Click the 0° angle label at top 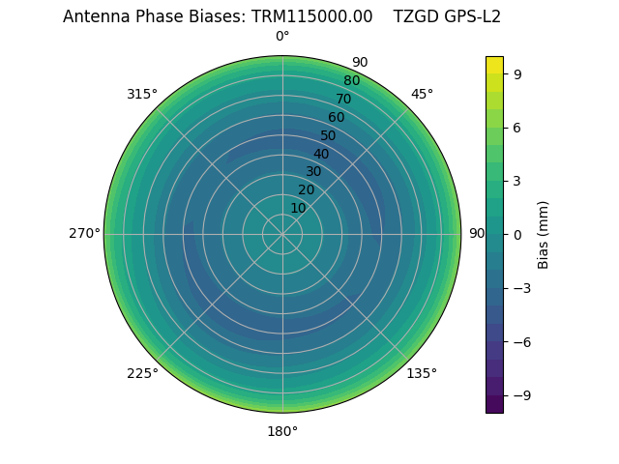(282, 37)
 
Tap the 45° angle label (422, 94)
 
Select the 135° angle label (422, 374)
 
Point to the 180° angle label (282, 431)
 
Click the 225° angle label (142, 374)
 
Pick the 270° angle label (84, 234)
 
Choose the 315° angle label (142, 94)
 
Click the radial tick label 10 (298, 208)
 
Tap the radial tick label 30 (313, 172)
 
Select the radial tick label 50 (329, 136)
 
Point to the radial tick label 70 (343, 99)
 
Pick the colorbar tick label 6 (519, 127)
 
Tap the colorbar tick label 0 (519, 234)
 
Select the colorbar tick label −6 (522, 341)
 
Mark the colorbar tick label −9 (522, 395)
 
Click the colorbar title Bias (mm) (544, 235)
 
